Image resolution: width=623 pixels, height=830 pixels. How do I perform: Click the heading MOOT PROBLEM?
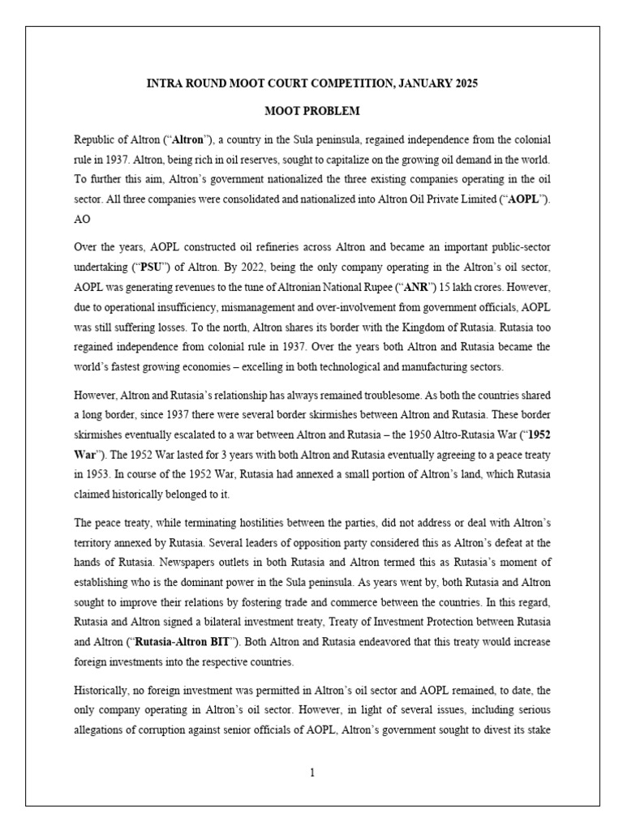(x=311, y=110)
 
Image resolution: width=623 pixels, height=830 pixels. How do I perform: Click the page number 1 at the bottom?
(x=311, y=772)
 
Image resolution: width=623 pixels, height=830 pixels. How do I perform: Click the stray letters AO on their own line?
(x=82, y=220)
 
